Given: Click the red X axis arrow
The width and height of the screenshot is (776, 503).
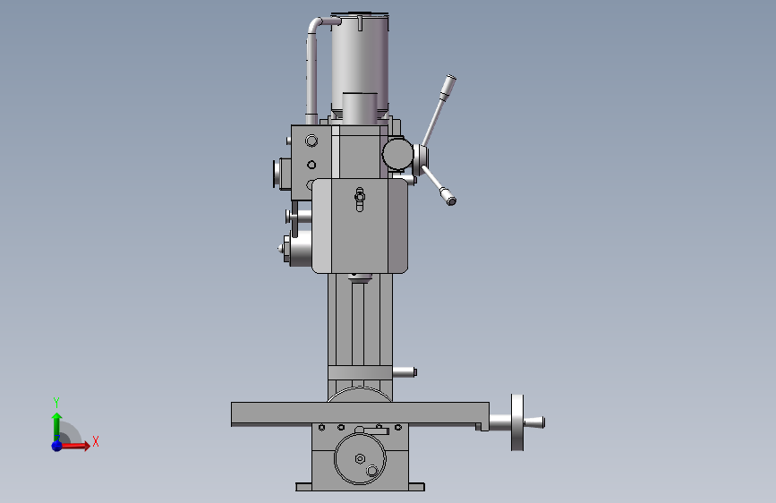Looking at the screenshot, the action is click(x=74, y=446).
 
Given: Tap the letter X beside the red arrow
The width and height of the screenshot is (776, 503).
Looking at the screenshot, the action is click(x=96, y=441).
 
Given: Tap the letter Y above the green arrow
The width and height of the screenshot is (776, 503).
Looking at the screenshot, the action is click(x=56, y=402).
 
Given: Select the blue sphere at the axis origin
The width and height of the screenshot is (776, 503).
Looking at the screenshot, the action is click(x=57, y=446).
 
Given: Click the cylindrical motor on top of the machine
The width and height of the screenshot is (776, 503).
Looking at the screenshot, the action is click(x=360, y=64).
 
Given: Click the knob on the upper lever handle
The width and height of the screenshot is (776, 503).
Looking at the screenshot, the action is click(x=449, y=85).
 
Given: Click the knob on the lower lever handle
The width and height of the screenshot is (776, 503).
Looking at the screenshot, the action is click(x=448, y=197).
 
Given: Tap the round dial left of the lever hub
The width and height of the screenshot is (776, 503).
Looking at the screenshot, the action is click(x=397, y=154).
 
